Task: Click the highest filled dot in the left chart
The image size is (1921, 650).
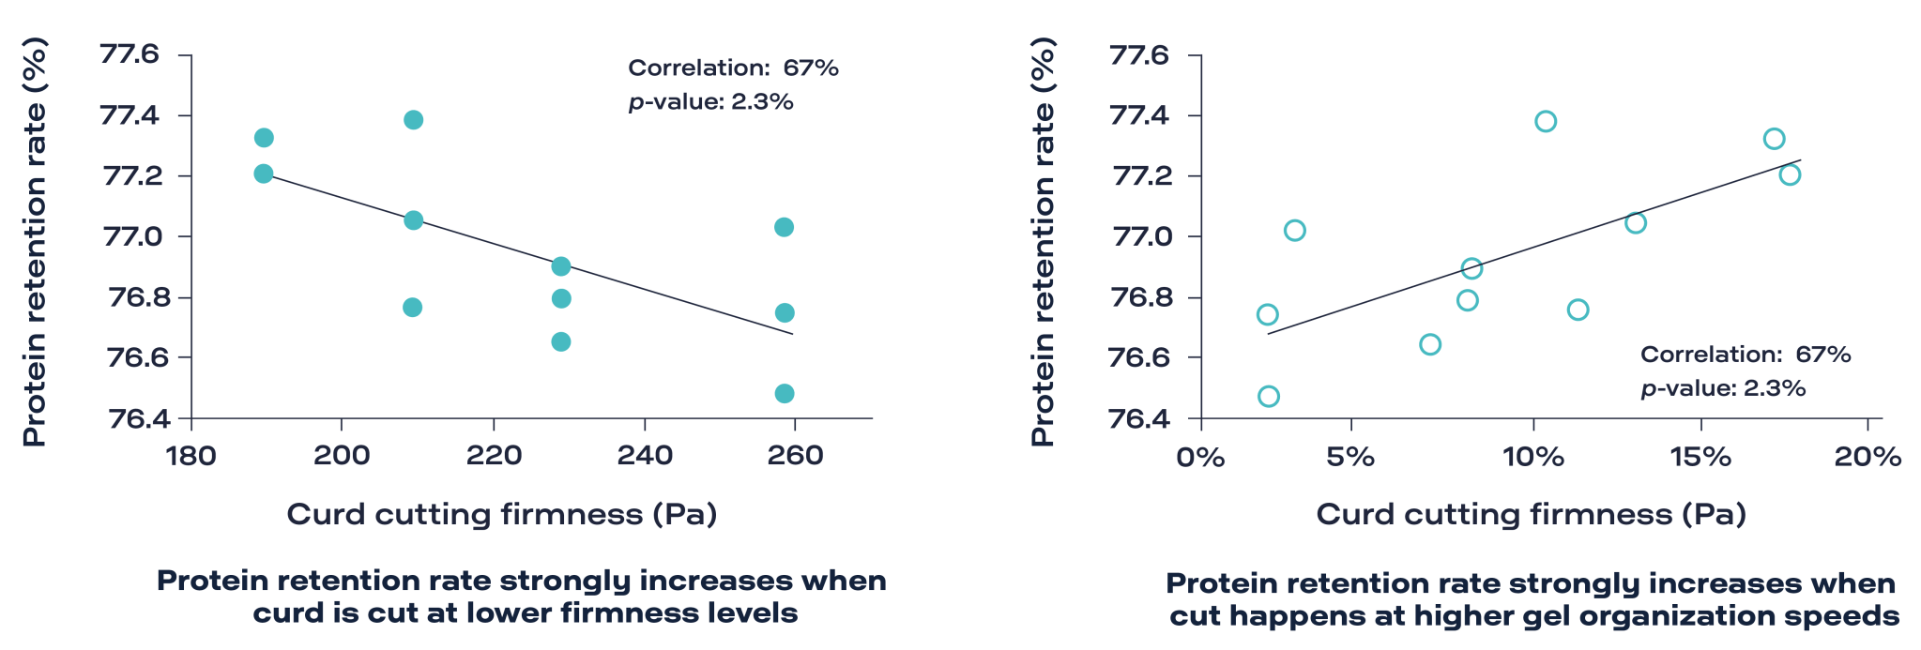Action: (413, 120)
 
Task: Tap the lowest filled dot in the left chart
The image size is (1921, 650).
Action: (785, 393)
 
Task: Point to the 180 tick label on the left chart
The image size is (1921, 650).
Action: (191, 457)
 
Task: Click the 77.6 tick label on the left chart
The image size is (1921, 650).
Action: (130, 56)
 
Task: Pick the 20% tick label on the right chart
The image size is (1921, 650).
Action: (1868, 457)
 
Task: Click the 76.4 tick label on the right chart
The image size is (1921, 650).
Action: (1139, 417)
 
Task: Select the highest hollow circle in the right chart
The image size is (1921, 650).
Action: (1546, 121)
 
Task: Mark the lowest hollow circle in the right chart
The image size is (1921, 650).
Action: (1269, 396)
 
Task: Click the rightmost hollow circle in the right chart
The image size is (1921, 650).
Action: (1790, 174)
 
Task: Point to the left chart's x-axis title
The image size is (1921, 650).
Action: (501, 515)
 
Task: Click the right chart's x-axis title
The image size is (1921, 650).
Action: (1531, 515)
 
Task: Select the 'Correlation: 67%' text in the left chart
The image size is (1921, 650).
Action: (733, 68)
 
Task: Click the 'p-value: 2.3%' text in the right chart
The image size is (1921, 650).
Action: (1723, 388)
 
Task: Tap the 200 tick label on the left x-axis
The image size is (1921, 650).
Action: (342, 457)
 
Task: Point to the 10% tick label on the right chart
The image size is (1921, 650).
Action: (1532, 457)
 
